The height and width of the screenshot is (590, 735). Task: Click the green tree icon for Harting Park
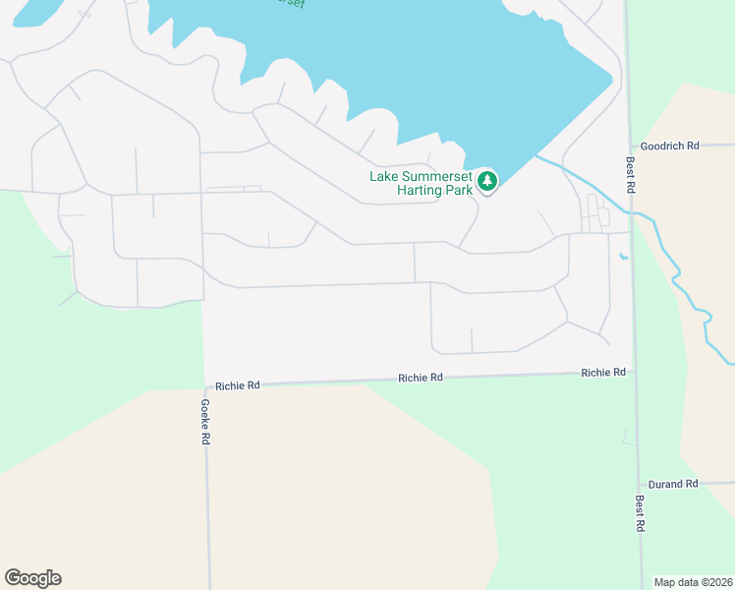tap(487, 181)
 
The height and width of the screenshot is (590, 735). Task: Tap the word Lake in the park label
tap(384, 177)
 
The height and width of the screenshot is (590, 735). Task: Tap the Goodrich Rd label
tap(669, 146)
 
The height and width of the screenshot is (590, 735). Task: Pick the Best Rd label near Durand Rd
tap(640, 513)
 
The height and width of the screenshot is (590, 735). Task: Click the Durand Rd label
tap(673, 484)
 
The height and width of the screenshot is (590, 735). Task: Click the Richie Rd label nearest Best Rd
tap(603, 373)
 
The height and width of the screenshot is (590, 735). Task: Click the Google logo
tap(32, 578)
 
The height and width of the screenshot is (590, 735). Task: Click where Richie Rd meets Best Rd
tap(634, 373)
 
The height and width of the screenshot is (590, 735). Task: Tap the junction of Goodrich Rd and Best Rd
tap(628, 146)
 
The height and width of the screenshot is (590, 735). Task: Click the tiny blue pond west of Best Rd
tap(623, 258)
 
